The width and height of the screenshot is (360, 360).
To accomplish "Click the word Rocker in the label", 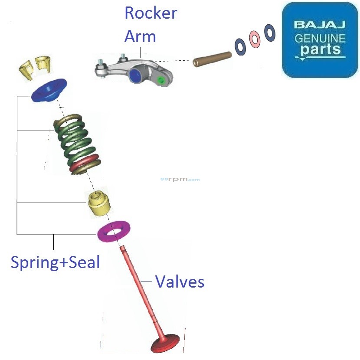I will (151, 13).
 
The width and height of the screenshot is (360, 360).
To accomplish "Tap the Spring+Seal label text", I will (55, 262).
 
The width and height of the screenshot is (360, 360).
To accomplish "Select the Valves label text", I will (180, 282).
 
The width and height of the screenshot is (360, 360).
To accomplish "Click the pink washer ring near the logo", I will (255, 39).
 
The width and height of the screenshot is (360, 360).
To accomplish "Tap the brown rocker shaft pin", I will (212, 59).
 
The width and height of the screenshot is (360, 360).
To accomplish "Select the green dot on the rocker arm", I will (162, 80).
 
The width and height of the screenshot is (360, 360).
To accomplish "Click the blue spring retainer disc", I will (49, 90).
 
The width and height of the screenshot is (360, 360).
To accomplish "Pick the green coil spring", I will (75, 139).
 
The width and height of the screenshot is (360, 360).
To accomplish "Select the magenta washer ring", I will (115, 231).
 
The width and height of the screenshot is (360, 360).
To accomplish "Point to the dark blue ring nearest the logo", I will (270, 33).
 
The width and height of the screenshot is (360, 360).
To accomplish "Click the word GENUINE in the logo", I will (320, 38).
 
